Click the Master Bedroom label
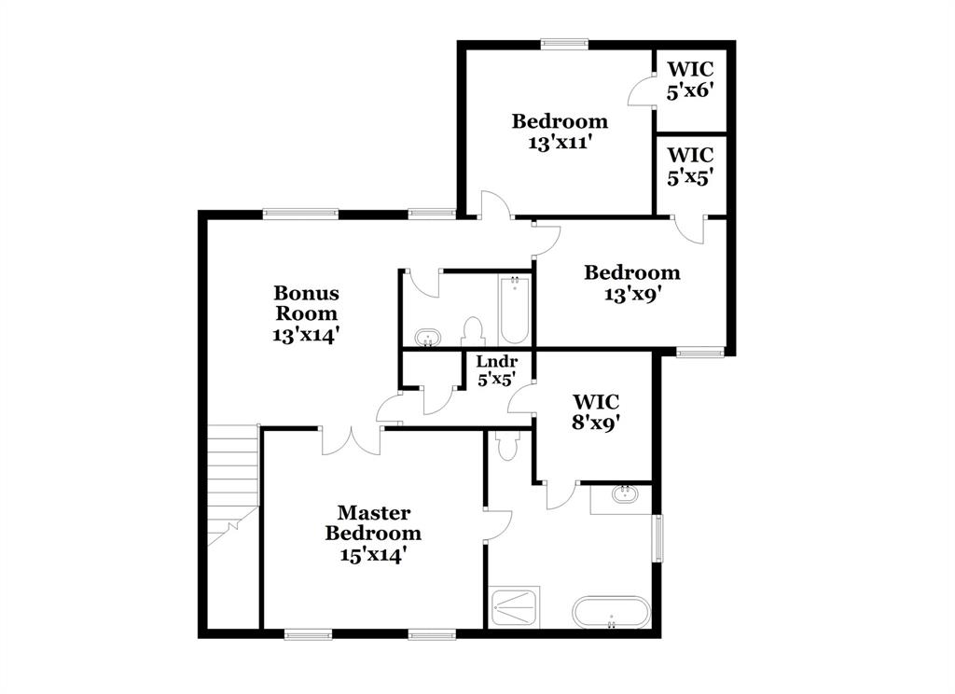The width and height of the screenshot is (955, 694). [373, 523]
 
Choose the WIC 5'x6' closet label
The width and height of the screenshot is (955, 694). [690, 78]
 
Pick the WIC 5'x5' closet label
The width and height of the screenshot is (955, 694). [690, 165]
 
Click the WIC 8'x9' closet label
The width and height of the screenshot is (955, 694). [594, 410]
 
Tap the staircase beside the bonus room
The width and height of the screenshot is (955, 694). [232, 485]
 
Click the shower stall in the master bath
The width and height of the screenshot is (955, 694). [513, 607]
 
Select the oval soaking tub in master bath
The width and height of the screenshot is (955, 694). [610, 613]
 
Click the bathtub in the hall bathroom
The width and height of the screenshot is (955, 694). [514, 310]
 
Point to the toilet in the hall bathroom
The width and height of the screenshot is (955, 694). [473, 332]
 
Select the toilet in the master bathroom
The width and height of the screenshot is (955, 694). [507, 445]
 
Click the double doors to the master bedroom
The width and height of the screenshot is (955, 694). [352, 440]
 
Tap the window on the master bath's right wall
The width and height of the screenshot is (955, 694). [658, 538]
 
